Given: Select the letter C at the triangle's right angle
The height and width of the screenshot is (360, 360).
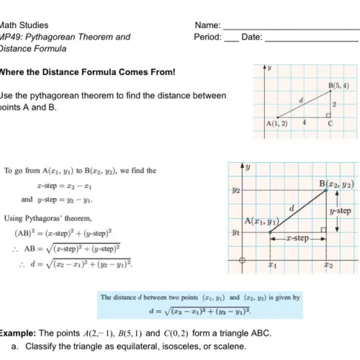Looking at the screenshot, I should (x=330, y=123).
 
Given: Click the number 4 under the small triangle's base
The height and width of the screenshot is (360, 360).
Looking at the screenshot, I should (x=304, y=123).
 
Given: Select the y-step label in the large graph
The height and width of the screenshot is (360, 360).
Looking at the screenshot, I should (x=340, y=212).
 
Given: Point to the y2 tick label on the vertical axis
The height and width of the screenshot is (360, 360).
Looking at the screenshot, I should (x=235, y=191).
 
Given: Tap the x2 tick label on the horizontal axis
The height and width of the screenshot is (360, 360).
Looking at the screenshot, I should (x=328, y=265).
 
